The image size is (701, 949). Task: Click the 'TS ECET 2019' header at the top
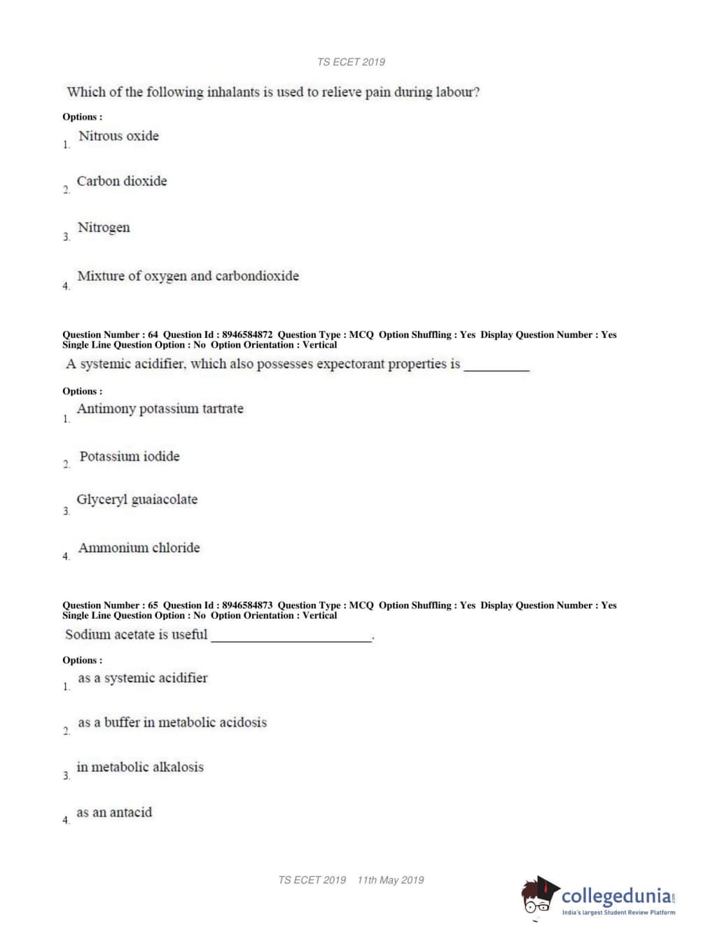pyautogui.click(x=351, y=62)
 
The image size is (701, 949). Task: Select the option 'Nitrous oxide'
pyautogui.click(x=118, y=136)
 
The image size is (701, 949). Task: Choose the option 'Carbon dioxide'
pyautogui.click(x=122, y=181)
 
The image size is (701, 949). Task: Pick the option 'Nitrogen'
pyautogui.click(x=104, y=227)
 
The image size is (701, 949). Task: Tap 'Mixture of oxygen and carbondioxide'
pyautogui.click(x=188, y=276)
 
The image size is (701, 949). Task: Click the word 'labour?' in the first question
pyautogui.click(x=457, y=92)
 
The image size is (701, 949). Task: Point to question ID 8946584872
pyautogui.click(x=247, y=335)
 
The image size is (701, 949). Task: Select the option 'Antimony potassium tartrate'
pyautogui.click(x=160, y=409)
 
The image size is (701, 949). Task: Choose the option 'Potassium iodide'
pyautogui.click(x=130, y=456)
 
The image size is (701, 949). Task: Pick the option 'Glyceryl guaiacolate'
pyautogui.click(x=137, y=500)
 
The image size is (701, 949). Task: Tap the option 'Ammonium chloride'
pyautogui.click(x=139, y=548)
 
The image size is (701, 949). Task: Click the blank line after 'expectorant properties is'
pyautogui.click(x=497, y=368)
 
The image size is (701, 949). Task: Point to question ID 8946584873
pyautogui.click(x=247, y=605)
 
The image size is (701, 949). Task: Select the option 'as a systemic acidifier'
pyautogui.click(x=143, y=678)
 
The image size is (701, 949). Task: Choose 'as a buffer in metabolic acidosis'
pyautogui.click(x=172, y=722)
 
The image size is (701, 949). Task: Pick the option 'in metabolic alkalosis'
pyautogui.click(x=140, y=767)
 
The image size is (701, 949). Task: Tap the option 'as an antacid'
pyautogui.click(x=114, y=813)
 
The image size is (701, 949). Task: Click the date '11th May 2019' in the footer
pyautogui.click(x=390, y=880)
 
